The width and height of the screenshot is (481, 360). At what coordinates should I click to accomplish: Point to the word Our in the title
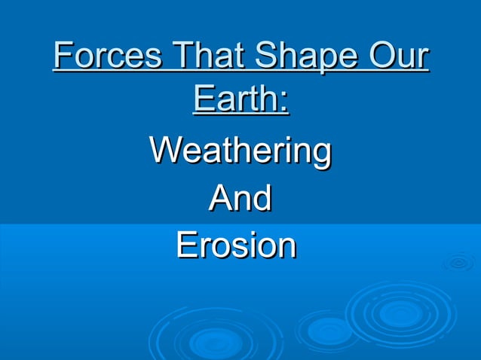pos(400,58)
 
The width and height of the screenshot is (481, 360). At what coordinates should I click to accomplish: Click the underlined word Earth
pos(236,100)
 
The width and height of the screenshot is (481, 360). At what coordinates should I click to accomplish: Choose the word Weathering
pos(240,152)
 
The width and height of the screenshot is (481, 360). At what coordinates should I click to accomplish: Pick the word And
pos(240,199)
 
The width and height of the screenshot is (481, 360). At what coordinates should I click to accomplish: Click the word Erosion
pos(236,246)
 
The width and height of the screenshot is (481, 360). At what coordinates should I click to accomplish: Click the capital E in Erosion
pos(186,246)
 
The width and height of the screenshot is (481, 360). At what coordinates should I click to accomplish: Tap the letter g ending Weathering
pos(320,155)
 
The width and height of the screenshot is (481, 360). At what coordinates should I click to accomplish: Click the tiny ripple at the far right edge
pos(458,263)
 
